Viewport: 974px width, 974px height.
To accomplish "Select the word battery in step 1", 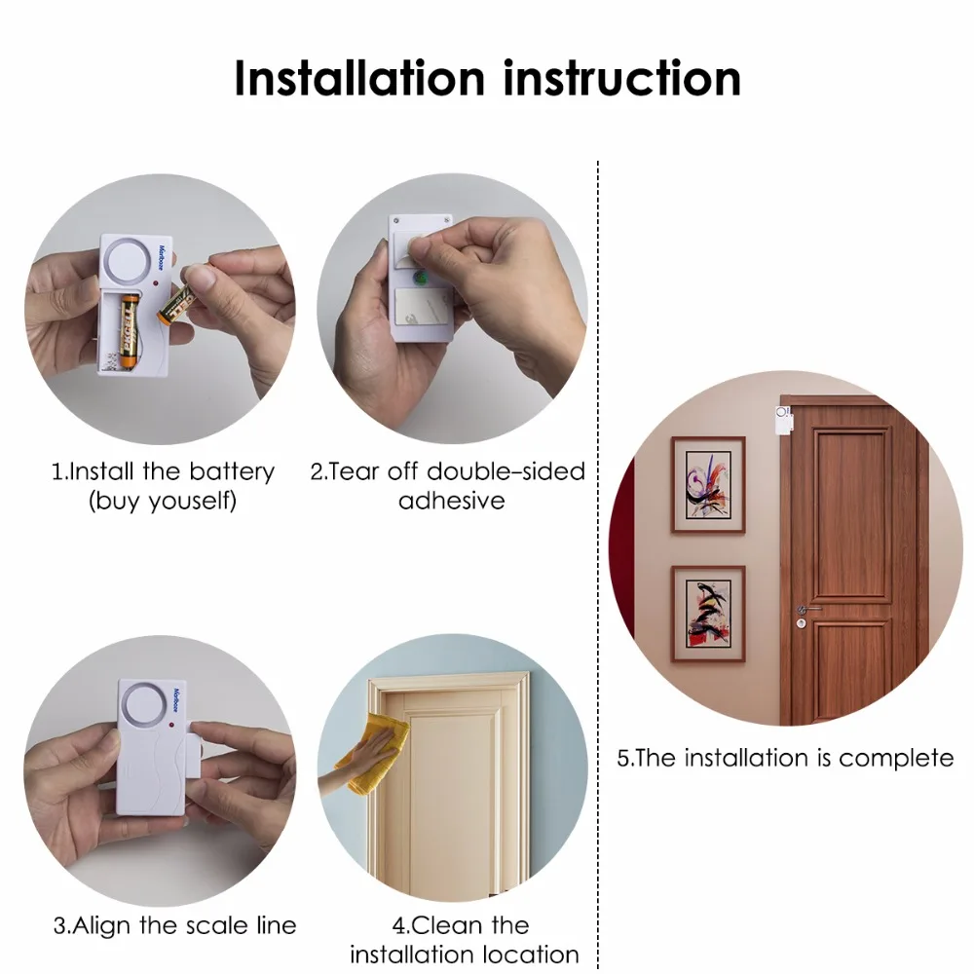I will (232, 472).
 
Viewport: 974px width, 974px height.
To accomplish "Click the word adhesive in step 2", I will (451, 502).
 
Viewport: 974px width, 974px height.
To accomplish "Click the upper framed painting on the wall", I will (708, 484).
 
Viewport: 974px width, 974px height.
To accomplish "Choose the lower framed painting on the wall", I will (708, 614).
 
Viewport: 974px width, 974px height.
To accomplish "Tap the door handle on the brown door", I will (807, 610).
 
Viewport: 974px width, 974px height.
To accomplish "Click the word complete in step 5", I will (896, 758).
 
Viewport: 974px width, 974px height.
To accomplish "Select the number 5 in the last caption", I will (623, 758).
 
